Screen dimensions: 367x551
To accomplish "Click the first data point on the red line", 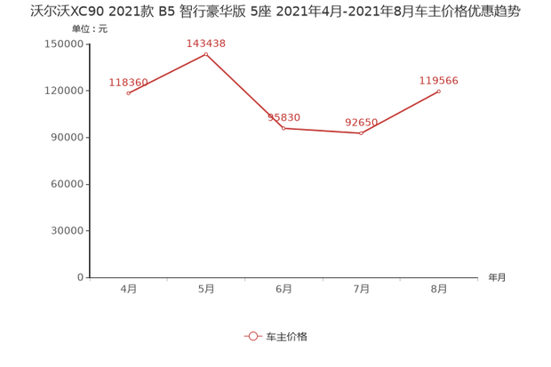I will click(129, 93).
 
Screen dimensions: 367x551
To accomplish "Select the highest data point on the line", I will click(206, 54).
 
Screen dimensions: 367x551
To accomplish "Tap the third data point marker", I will click(283, 128).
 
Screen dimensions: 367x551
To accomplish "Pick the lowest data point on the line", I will click(361, 133).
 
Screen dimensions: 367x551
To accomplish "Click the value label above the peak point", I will click(205, 42).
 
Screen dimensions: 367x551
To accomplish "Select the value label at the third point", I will click(284, 116).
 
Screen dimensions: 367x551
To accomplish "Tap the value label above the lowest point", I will click(361, 121).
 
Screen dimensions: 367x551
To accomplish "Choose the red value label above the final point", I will click(438, 80).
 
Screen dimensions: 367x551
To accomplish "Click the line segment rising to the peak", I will click(167, 74).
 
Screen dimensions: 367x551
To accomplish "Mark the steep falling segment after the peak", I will click(244, 91).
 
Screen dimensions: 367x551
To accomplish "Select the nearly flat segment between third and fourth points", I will click(322, 131).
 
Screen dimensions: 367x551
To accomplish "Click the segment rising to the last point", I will click(400, 112).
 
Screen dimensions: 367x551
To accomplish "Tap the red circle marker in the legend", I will click(252, 337).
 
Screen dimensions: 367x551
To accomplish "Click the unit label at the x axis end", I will click(495, 278).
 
